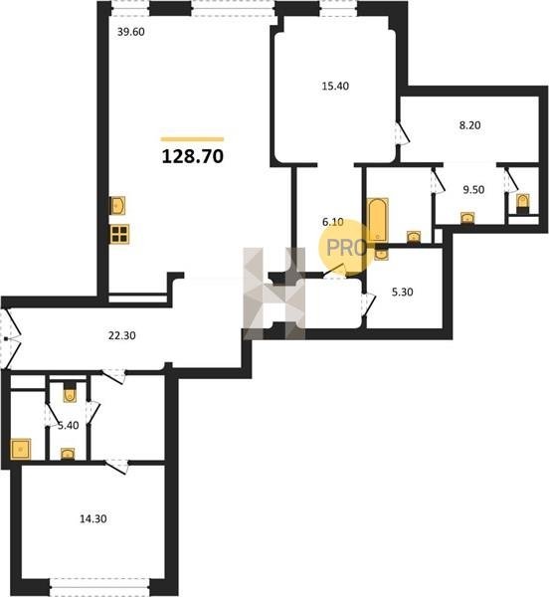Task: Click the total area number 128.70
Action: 193,156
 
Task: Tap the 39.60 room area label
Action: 131,32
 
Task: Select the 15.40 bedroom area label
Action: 335,86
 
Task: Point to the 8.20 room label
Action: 469,125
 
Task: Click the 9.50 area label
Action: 473,189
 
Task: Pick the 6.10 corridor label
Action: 333,222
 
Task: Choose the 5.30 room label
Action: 402,292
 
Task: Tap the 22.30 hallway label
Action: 121,335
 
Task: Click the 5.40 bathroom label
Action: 68,425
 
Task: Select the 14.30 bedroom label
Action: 93,518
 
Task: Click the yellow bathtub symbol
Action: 377,220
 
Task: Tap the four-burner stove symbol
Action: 119,234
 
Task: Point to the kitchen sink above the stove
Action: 117,206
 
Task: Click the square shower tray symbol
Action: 21,450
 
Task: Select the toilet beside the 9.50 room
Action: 523,202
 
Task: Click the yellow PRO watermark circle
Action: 346,248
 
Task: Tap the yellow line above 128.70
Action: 193,139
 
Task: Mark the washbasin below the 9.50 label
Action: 467,218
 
